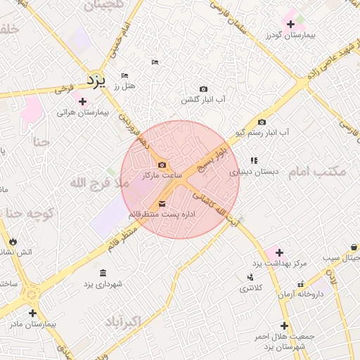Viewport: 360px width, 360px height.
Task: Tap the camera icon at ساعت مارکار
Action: click(x=162, y=165)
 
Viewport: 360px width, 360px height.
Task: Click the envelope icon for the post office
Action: click(x=153, y=203)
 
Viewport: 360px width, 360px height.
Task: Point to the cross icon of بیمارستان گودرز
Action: click(x=291, y=25)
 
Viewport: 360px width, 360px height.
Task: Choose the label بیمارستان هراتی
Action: click(x=84, y=112)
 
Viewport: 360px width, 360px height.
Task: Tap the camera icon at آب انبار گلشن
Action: click(x=203, y=89)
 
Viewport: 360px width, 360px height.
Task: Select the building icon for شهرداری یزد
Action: click(x=103, y=273)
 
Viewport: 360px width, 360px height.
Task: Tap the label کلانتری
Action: click(x=251, y=288)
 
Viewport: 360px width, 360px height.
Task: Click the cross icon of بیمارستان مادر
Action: click(x=32, y=313)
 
